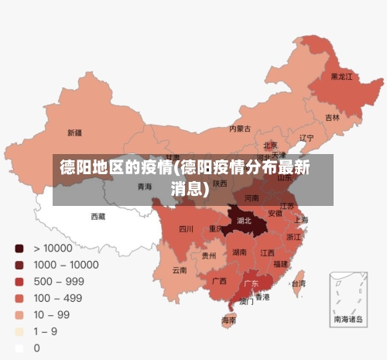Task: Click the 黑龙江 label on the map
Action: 341,77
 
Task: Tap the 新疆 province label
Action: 75,132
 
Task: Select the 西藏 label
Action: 98,216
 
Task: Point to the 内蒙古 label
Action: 241,129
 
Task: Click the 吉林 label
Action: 332,118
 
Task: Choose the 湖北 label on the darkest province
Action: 245,221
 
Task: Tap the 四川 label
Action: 186,229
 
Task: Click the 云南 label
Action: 179,270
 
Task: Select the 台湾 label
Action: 298,283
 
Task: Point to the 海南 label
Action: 229,320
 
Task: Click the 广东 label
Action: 252,283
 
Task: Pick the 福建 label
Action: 282,263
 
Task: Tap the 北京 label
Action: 270,145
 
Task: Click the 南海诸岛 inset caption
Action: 348,319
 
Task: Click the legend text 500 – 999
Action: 58,281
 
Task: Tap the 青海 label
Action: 145,187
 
